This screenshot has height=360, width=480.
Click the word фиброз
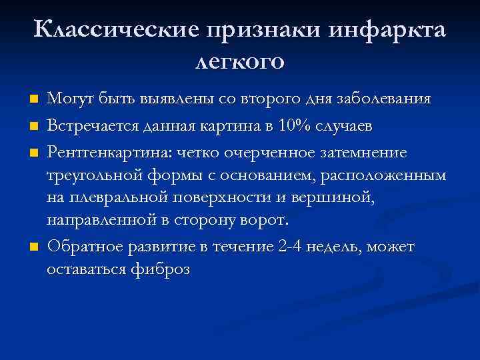[161, 269]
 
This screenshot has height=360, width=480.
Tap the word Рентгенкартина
[108, 152]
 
